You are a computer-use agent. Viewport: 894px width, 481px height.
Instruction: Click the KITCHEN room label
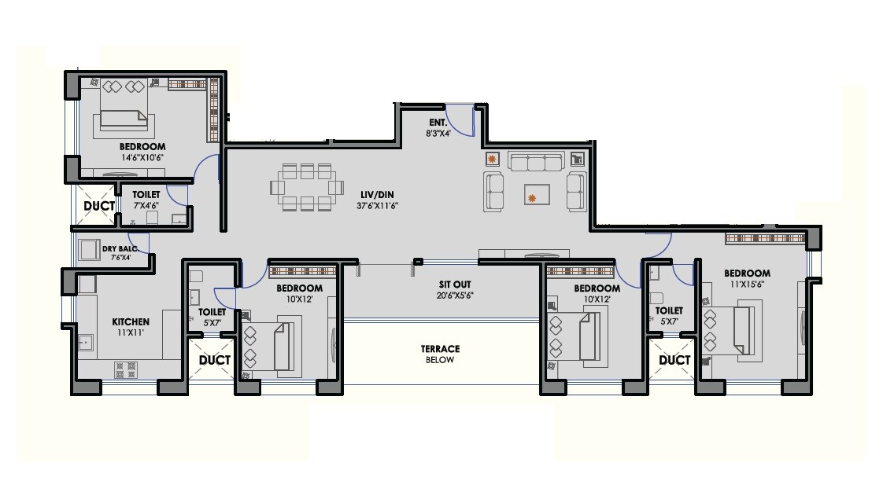point(130,321)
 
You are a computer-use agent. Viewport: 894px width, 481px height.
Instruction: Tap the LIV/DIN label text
point(373,194)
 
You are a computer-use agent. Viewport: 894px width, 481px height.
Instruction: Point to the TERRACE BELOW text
point(440,354)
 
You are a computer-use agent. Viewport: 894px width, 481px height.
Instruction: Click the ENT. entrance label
point(438,123)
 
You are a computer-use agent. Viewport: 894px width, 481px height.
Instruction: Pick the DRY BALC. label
point(120,249)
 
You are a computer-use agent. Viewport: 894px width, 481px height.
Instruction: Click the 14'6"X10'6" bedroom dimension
point(142,157)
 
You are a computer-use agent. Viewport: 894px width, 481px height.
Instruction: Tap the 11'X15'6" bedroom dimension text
point(747,284)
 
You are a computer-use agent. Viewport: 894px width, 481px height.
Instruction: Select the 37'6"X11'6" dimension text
point(373,206)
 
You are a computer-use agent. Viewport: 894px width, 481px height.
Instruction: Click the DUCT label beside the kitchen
point(214,360)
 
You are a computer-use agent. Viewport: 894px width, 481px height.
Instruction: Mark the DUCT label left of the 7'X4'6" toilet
point(99,206)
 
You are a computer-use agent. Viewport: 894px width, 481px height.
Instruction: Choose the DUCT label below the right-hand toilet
point(674,360)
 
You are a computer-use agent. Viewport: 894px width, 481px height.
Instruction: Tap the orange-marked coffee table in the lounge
point(538,193)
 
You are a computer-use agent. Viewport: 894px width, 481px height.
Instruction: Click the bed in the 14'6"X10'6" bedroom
point(124,119)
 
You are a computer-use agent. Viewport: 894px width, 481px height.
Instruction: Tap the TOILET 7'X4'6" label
point(146,199)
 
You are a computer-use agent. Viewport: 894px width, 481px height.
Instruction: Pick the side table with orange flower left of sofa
point(493,159)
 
